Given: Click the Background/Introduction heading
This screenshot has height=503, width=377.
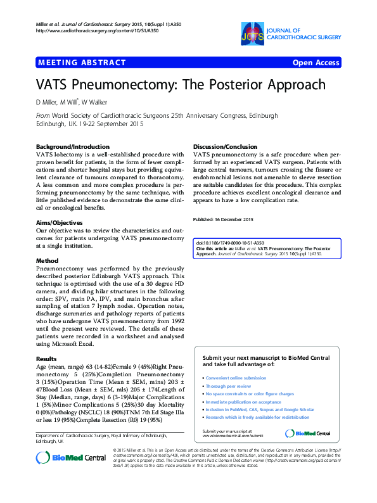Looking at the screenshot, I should [x=73, y=146].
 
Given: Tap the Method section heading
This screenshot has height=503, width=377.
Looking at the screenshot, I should [x=47, y=260].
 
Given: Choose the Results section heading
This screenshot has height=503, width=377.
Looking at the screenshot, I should [x=46, y=359].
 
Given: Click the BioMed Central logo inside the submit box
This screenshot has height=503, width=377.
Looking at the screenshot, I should [x=309, y=433].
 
